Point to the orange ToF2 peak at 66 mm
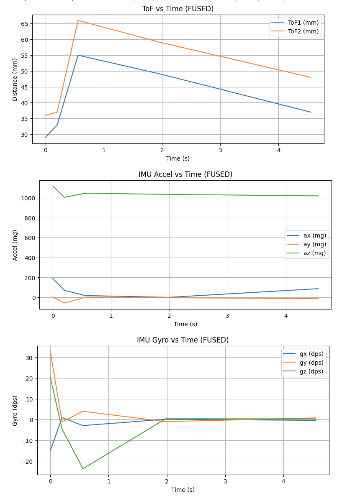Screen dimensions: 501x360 pyautogui.click(x=78, y=20)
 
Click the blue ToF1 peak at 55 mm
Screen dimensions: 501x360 pyautogui.click(x=78, y=55)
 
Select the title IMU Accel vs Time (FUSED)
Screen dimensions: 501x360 pyautogui.click(x=185, y=174)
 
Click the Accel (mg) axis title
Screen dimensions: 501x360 pyautogui.click(x=15, y=245)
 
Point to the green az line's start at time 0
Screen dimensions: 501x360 pyautogui.click(x=53, y=186)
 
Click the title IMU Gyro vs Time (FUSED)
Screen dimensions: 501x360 pyautogui.click(x=183, y=340)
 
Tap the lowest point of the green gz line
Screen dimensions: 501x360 pyautogui.click(x=83, y=468)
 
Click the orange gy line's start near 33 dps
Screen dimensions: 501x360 pyautogui.click(x=50, y=351)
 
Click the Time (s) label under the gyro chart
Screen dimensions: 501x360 pyautogui.click(x=183, y=490)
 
